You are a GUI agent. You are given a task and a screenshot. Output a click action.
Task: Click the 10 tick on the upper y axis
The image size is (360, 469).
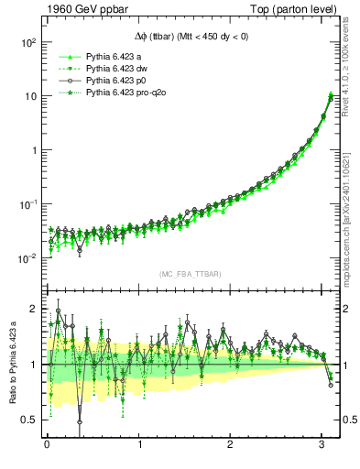[29, 96]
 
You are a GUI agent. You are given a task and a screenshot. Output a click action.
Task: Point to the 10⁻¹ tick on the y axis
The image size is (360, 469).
[27, 204]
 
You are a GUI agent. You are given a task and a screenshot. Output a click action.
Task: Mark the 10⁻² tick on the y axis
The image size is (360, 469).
[27, 258]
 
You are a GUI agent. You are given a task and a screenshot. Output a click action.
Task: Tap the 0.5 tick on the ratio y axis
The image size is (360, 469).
[30, 420]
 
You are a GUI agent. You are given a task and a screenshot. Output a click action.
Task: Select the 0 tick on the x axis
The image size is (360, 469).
[47, 446]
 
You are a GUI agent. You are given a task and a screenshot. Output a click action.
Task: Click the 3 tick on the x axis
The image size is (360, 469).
[322, 446]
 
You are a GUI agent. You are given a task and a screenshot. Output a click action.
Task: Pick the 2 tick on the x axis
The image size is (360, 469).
[231, 446]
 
